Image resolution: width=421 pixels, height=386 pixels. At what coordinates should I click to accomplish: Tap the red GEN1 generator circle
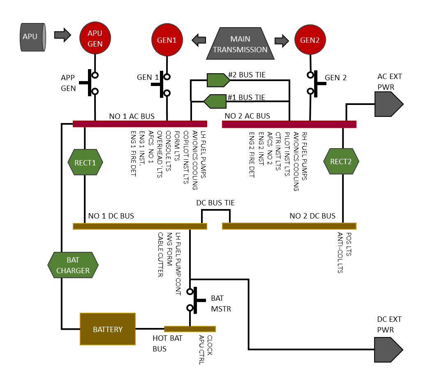tap(167, 40)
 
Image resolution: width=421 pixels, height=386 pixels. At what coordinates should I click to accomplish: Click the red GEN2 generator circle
tap(310, 40)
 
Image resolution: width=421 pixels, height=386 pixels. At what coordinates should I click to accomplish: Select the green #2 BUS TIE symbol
tap(218, 80)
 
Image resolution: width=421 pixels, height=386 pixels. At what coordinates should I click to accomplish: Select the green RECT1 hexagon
tap(85, 162)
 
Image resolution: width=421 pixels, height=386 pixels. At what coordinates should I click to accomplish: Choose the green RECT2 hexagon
tap(341, 161)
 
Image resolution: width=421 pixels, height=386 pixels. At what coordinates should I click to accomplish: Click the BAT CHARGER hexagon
tap(73, 265)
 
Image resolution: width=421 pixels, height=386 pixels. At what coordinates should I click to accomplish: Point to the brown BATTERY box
tap(107, 329)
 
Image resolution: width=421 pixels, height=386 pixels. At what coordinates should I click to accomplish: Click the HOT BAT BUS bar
tap(190, 329)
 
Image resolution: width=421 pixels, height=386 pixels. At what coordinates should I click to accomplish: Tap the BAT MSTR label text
tap(221, 303)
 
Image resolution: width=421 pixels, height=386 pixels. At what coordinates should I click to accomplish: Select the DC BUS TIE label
tap(215, 203)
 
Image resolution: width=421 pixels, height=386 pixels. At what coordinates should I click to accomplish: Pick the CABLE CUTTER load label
tap(161, 255)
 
